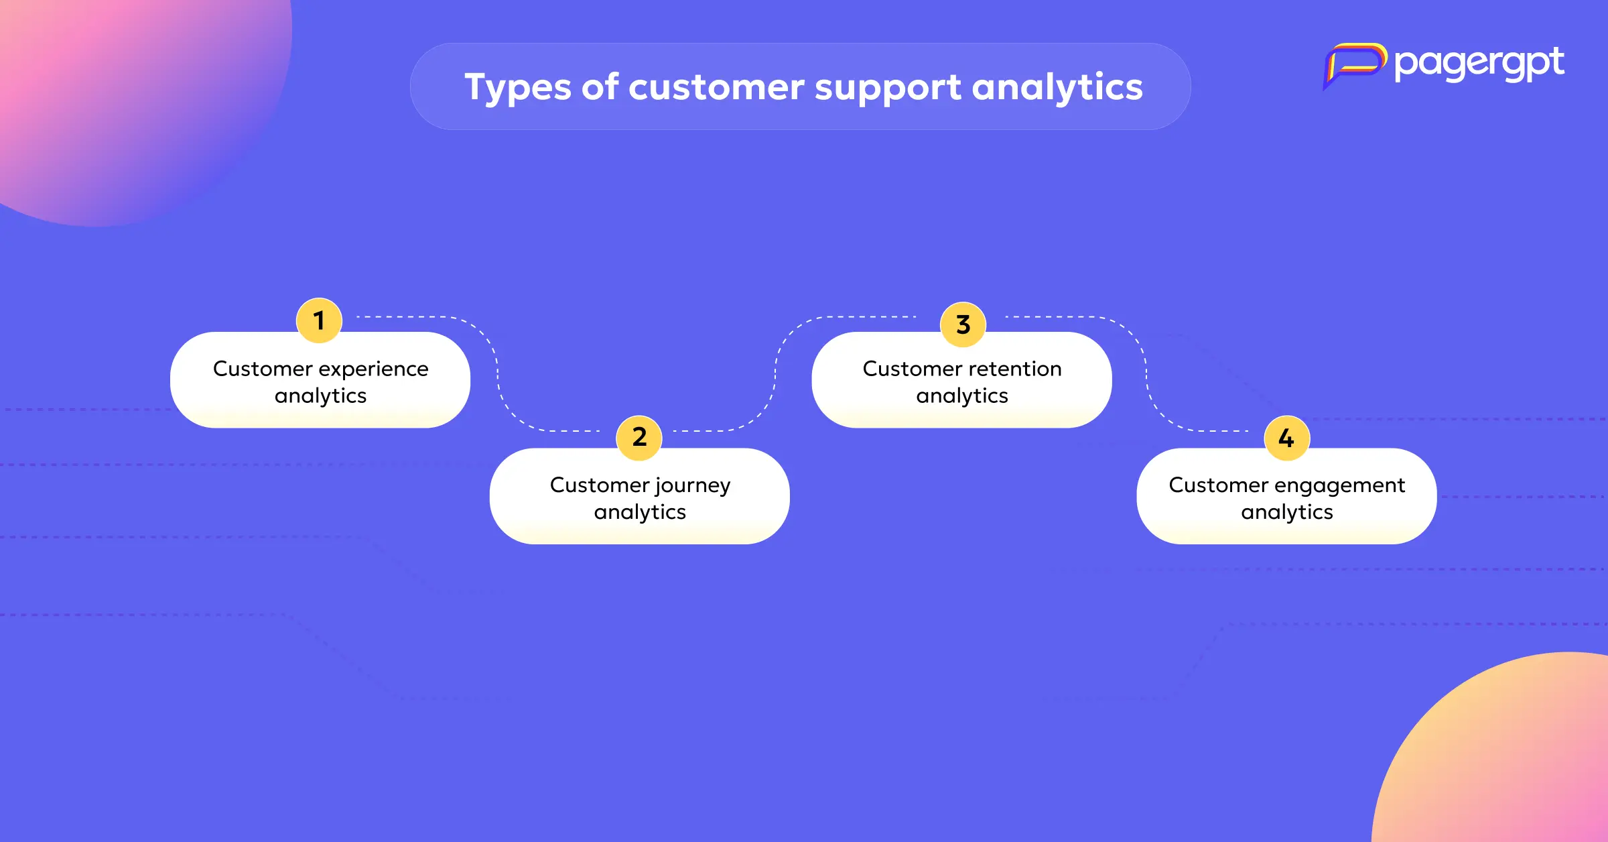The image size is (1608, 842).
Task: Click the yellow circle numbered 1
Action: coord(319,320)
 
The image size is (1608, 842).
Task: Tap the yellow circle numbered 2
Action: coord(639,438)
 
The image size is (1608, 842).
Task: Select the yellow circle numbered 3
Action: coord(963,324)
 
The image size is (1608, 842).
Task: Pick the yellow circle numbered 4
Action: coord(1286,438)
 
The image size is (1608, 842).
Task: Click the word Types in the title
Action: coord(518,88)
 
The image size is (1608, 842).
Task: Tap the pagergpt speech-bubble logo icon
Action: coord(1354,65)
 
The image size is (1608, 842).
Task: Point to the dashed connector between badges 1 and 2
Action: coord(497,373)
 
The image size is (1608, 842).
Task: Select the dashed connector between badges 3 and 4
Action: coord(1146,373)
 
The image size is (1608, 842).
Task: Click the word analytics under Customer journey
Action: coord(640,513)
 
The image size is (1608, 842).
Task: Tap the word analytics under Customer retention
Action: coord(962,397)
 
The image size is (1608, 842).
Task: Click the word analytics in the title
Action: coord(1058,88)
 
